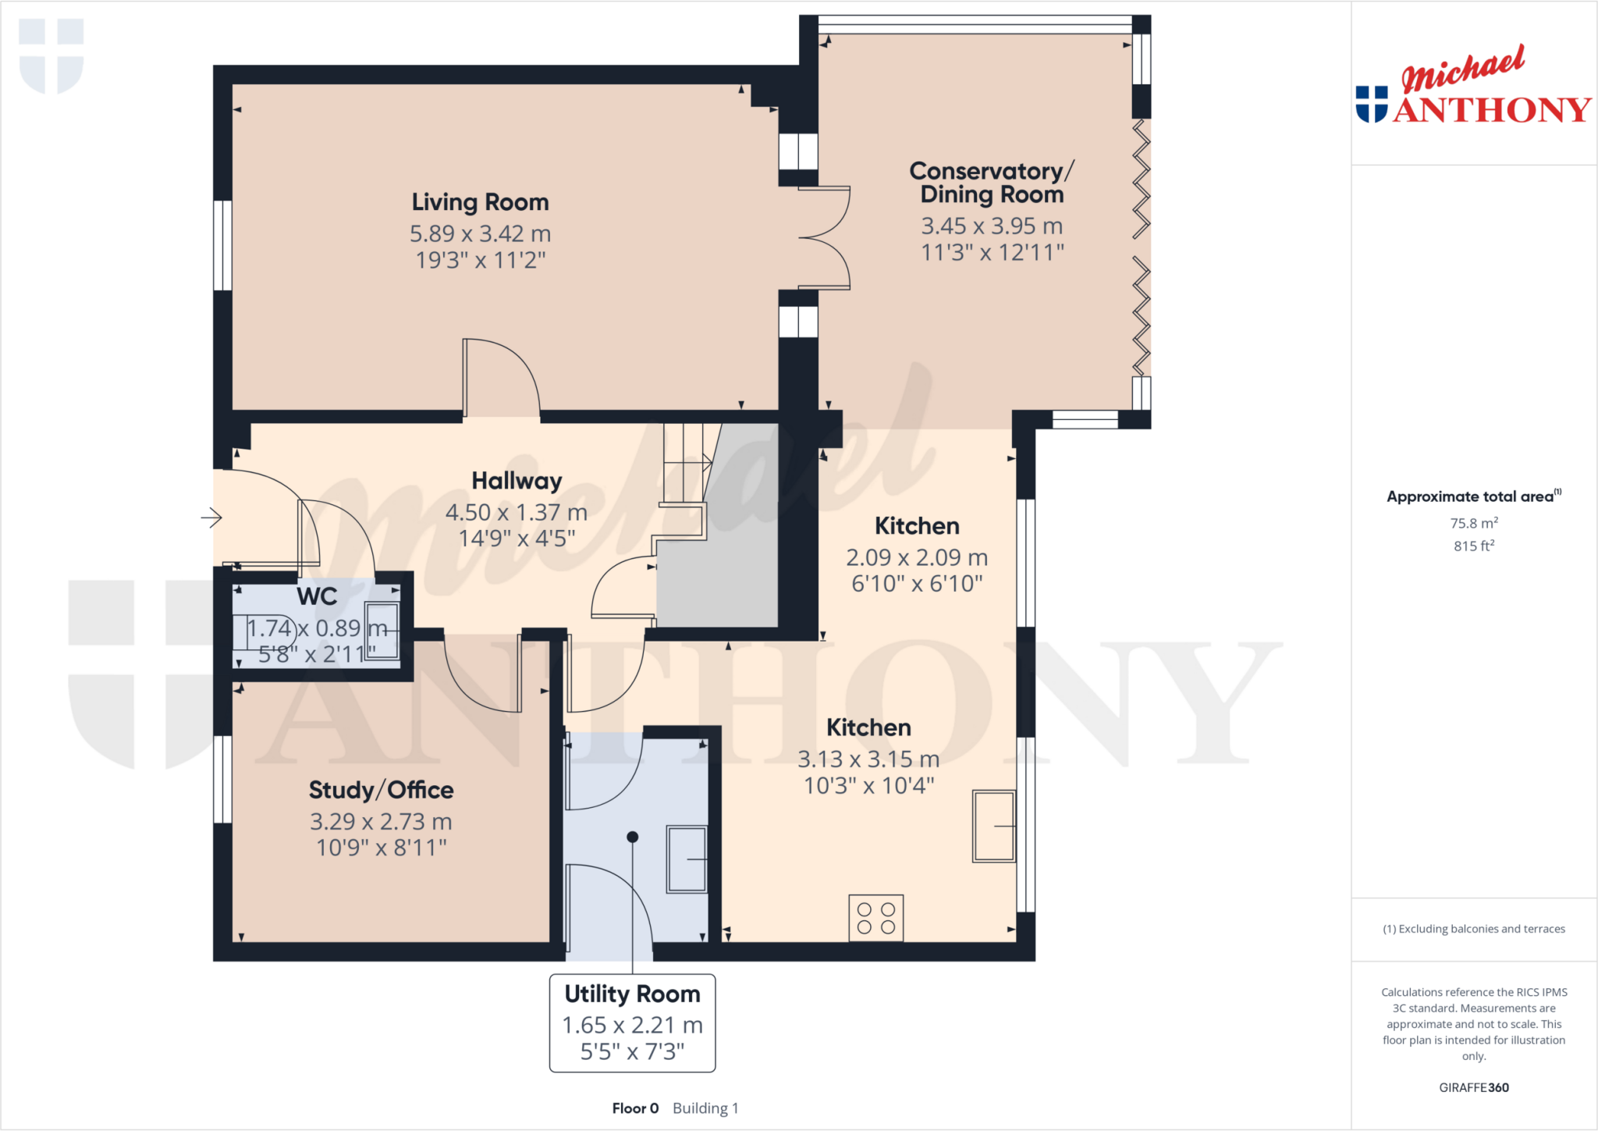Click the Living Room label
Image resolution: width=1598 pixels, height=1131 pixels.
[480, 202]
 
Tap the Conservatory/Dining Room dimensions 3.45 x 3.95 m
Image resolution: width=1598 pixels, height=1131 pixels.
[992, 226]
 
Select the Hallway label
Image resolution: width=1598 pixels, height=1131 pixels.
[517, 481]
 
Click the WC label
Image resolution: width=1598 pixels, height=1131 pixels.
[317, 596]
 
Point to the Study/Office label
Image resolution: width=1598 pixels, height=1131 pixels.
[381, 790]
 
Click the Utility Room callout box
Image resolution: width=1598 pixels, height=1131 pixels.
[632, 1023]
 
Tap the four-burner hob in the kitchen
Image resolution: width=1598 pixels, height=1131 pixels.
[875, 918]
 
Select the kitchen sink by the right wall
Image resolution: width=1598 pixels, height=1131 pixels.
[993, 826]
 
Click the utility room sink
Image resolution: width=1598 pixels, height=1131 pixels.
[686, 859]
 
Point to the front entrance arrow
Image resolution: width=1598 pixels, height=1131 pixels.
[211, 517]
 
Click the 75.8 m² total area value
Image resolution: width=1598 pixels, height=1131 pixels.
[1473, 523]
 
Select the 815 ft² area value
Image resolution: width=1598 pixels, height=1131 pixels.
[1473, 546]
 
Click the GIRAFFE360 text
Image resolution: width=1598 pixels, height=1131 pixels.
[1473, 1087]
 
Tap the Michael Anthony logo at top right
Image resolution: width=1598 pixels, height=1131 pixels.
[1473, 87]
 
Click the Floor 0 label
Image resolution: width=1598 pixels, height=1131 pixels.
[635, 1108]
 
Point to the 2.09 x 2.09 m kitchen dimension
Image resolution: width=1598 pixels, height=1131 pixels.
[917, 557]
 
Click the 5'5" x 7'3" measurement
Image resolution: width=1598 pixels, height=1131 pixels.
[632, 1051]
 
